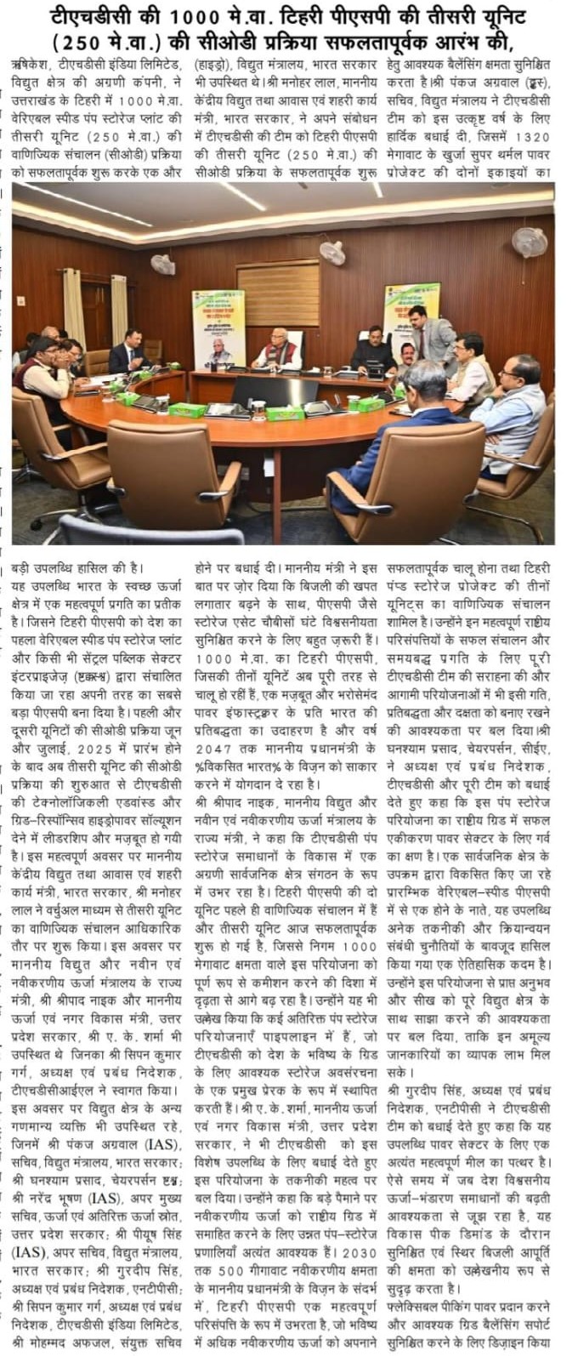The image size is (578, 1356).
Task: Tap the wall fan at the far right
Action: pyautogui.click(x=529, y=242)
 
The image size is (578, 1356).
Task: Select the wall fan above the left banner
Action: pyautogui.click(x=162, y=264)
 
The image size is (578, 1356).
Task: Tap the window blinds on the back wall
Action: pyautogui.click(x=267, y=293)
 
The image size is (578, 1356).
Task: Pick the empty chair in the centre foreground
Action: pyautogui.click(x=174, y=476)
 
